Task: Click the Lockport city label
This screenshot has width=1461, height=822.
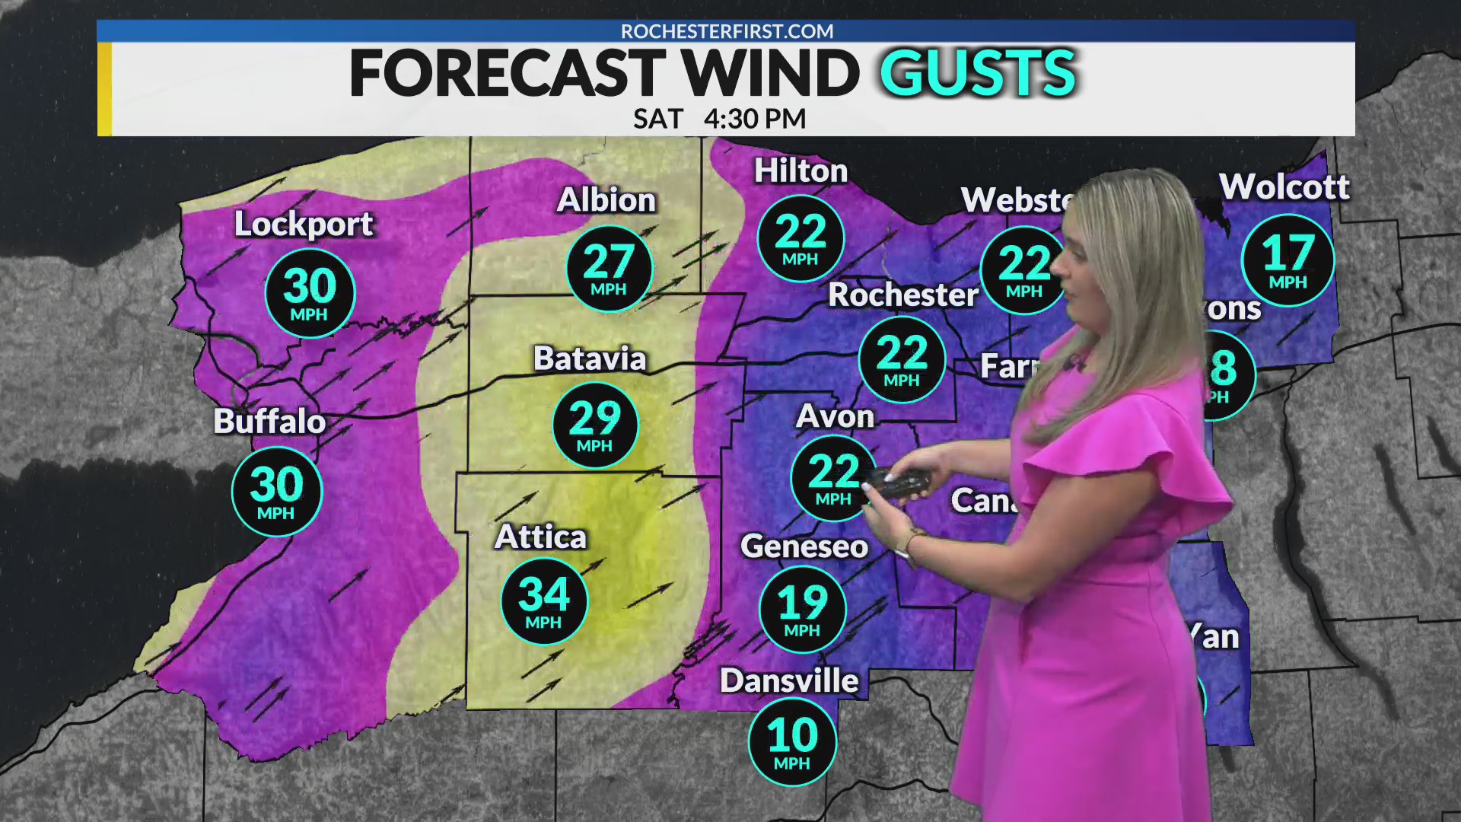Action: coord(304,224)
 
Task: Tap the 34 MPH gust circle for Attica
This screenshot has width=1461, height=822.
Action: coord(544,601)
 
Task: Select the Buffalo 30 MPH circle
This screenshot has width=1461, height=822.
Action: coord(277,492)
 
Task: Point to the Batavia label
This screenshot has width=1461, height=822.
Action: coord(590,358)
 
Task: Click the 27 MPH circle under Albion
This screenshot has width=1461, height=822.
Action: coord(609,269)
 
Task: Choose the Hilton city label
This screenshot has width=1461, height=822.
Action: coord(801,171)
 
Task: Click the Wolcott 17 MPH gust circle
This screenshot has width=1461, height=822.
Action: coord(1288,260)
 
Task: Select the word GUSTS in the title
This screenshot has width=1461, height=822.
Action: coord(978,74)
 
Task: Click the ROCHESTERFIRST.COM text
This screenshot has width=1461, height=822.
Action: coord(727,31)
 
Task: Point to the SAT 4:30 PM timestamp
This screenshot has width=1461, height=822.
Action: coord(719,119)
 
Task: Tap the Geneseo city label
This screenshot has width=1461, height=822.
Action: coord(804,546)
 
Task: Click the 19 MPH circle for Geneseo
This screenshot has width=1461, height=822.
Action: coord(802,610)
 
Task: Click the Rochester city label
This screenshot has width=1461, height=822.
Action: coord(903,295)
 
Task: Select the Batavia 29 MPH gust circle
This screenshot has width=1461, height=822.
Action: coord(595,425)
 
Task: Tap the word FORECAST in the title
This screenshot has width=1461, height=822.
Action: coord(507,74)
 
